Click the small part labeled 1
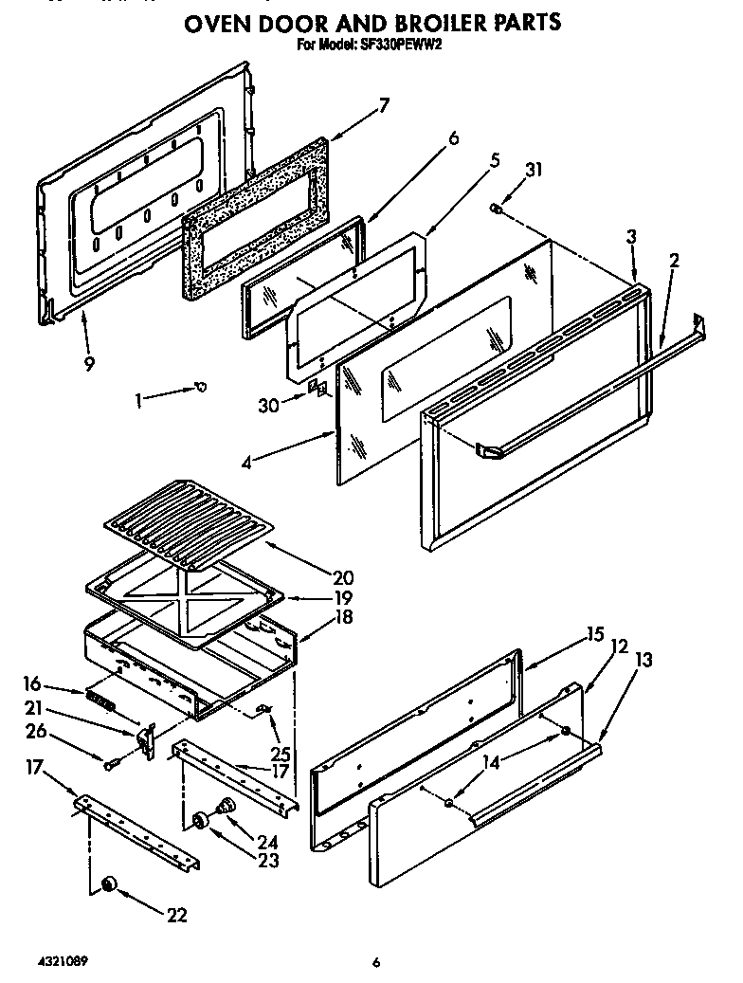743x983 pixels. tap(200, 386)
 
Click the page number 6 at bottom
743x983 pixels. tap(376, 962)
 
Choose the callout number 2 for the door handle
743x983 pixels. tap(673, 261)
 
